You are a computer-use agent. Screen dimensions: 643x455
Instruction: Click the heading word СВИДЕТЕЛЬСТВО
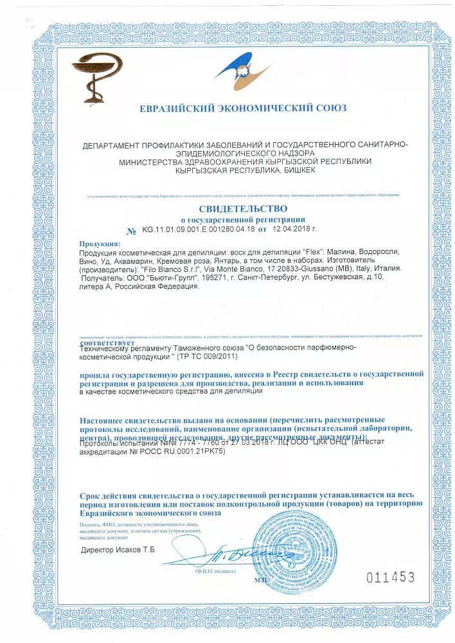tap(243, 209)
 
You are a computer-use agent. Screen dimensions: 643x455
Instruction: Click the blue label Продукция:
tap(100, 244)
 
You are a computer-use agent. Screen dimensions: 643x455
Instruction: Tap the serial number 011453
tap(390, 577)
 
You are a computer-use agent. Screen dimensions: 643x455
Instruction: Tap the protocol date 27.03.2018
tap(223, 443)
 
